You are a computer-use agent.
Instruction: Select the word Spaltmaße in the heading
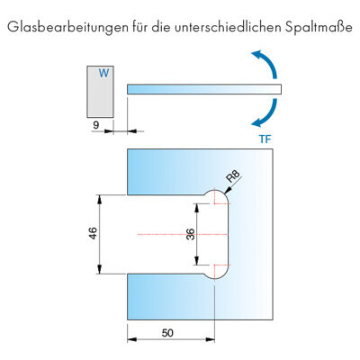point(319,28)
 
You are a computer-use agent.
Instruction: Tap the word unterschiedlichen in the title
point(229,27)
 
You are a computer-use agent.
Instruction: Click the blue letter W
point(103,73)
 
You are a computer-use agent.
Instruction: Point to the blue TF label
point(265,139)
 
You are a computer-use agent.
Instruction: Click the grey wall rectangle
point(100,92)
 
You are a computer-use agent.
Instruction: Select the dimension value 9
point(95,125)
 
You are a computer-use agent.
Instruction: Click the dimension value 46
point(94,233)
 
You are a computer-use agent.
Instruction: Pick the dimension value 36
point(191,235)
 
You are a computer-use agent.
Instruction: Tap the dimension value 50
point(167,333)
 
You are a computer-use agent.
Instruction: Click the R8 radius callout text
point(234,176)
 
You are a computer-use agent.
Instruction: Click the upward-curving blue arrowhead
point(256,55)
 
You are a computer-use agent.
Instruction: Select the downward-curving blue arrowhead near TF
point(256,122)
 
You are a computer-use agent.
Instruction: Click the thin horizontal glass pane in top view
point(204,89)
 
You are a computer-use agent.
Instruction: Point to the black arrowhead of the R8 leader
point(228,190)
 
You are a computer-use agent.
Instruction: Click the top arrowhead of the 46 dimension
point(100,200)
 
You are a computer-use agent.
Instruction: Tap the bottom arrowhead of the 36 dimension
point(196,260)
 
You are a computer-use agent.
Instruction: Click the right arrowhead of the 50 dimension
point(210,339)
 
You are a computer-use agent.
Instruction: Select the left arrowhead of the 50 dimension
point(132,339)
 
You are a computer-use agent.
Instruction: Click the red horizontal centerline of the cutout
point(183,234)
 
